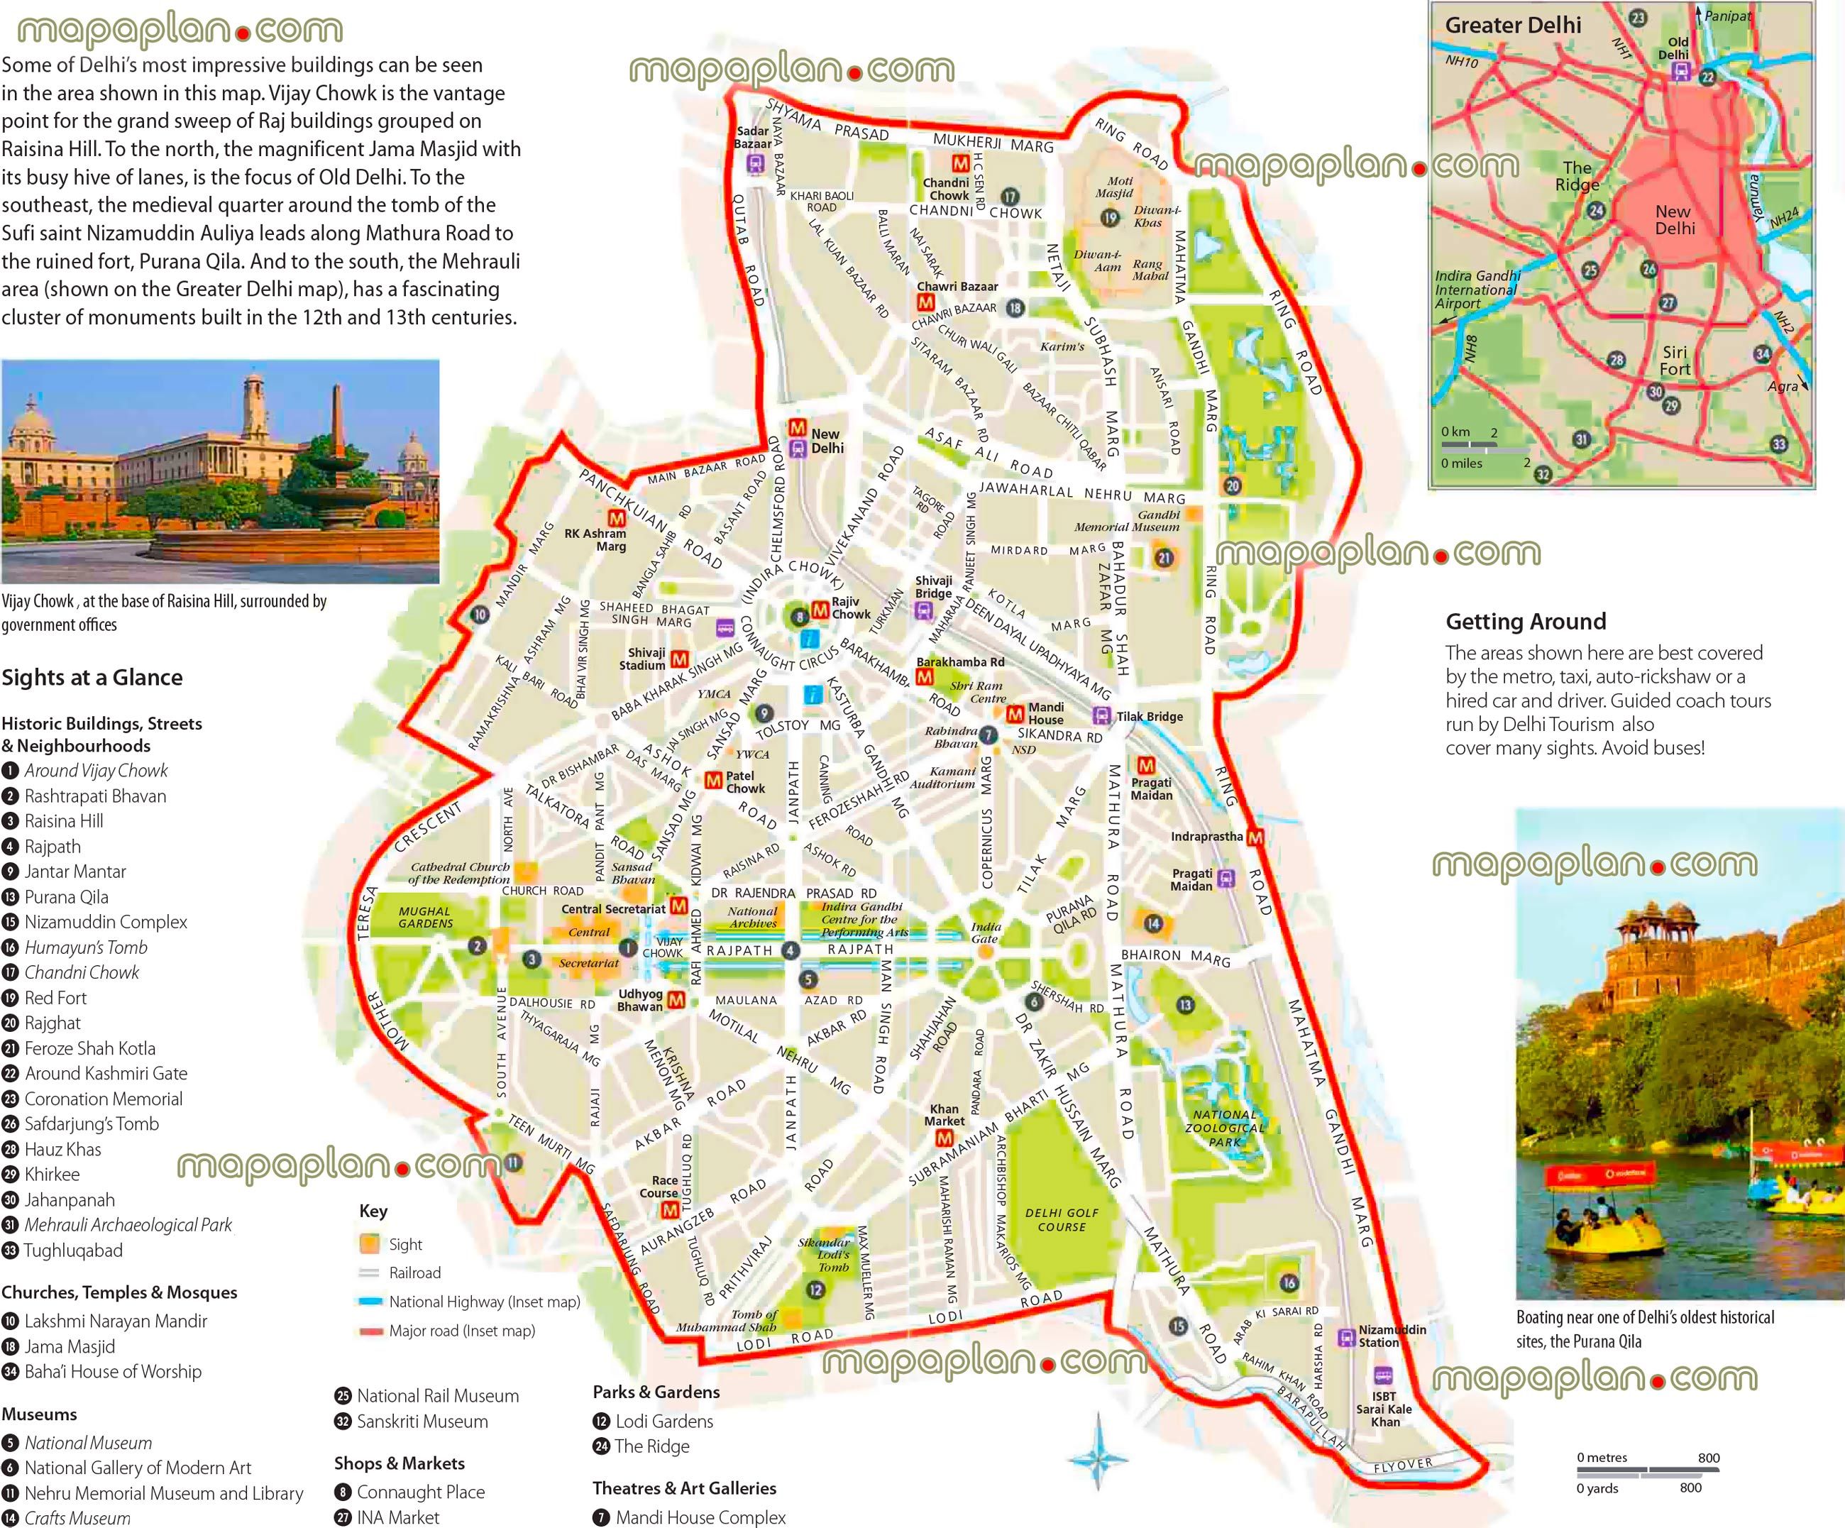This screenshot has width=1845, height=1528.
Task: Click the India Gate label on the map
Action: (x=985, y=933)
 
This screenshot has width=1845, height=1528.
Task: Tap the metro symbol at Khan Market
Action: (x=944, y=1138)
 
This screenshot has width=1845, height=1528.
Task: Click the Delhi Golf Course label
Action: (x=1062, y=1219)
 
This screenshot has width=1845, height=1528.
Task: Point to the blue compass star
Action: (x=1098, y=1459)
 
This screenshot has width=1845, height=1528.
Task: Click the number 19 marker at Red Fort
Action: (x=1111, y=217)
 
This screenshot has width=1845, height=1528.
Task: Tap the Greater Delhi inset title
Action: (x=1513, y=26)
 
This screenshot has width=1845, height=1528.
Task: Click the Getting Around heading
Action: (x=1525, y=621)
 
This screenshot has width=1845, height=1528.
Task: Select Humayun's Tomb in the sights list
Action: (x=85, y=947)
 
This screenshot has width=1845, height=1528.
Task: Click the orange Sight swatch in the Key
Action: (x=369, y=1244)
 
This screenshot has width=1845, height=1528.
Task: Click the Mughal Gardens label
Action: (x=425, y=918)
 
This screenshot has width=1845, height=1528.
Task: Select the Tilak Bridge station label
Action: (x=1149, y=716)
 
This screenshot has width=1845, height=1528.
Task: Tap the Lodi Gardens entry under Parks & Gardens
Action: (x=663, y=1421)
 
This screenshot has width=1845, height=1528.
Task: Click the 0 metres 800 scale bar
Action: (x=1647, y=1469)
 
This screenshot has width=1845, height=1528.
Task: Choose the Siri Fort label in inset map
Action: (x=1674, y=361)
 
